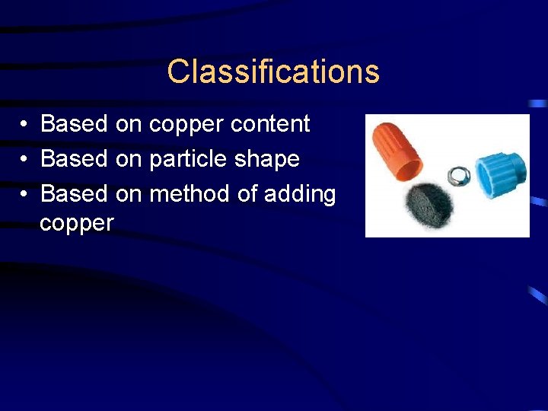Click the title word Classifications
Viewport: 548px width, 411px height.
click(273, 72)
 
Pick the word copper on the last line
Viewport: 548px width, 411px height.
click(76, 224)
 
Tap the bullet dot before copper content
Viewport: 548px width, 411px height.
click(25, 124)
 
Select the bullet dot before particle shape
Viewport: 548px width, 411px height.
click(25, 159)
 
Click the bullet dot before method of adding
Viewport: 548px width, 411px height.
click(25, 194)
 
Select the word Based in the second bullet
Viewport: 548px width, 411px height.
click(74, 159)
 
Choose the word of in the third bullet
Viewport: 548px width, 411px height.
click(247, 194)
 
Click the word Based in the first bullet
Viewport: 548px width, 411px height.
click(74, 123)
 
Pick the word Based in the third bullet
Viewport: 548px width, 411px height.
click(74, 194)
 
